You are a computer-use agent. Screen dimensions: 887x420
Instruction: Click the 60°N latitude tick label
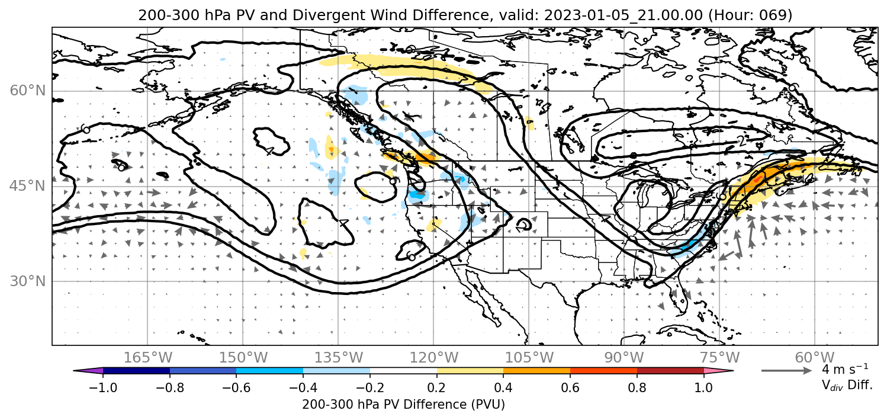click(x=28, y=91)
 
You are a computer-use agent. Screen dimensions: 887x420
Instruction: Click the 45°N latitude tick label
click(x=28, y=186)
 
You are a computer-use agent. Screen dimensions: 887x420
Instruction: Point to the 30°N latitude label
click(x=28, y=281)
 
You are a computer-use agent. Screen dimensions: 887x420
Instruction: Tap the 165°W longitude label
click(x=147, y=358)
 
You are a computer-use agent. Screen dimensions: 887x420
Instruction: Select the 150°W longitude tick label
click(x=243, y=358)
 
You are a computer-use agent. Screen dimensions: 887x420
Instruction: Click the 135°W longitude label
click(x=339, y=358)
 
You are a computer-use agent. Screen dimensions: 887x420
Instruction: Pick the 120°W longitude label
click(x=433, y=358)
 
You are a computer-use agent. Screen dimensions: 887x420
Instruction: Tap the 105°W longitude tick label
click(x=529, y=358)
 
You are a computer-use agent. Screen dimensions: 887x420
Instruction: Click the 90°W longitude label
click(x=624, y=358)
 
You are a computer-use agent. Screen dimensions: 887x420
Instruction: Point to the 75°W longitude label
click(x=719, y=358)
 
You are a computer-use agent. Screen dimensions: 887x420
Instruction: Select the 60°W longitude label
click(x=815, y=358)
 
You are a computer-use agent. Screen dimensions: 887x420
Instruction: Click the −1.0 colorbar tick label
click(x=103, y=387)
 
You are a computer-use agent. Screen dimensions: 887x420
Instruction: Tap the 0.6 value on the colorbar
click(x=570, y=387)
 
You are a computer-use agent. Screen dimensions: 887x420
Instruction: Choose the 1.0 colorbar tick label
click(x=703, y=387)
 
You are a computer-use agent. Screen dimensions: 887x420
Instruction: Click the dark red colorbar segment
click(x=670, y=371)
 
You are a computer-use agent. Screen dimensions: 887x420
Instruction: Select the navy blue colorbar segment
click(x=137, y=371)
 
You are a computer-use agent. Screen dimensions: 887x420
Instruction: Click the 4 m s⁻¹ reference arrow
click(x=786, y=371)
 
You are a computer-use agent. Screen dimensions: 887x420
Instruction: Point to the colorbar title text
click(x=403, y=405)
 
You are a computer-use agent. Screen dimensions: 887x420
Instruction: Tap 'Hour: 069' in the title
click(x=750, y=15)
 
